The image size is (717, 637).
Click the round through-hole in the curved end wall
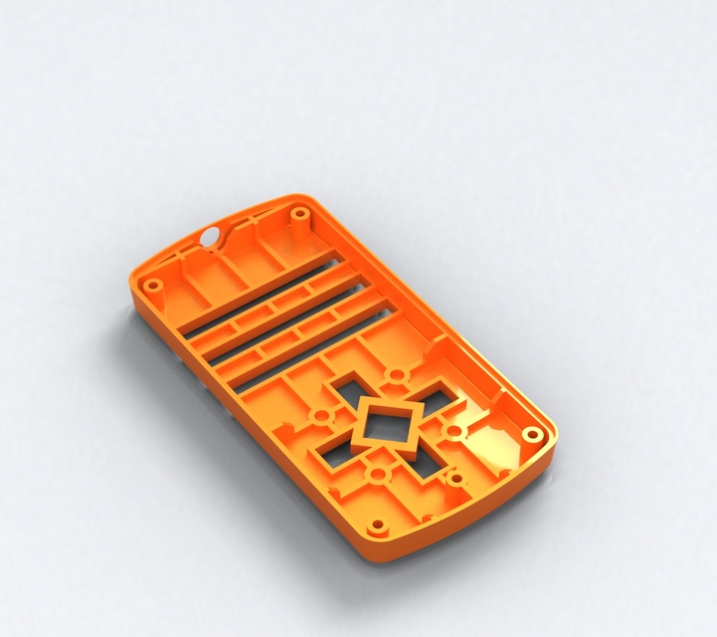point(211,236)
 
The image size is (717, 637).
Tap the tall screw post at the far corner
point(298,213)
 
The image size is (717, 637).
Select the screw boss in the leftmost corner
point(153,286)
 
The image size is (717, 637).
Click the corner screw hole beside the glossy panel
point(532,434)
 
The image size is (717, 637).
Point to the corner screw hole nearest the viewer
point(377,525)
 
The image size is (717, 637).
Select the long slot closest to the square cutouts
point(308,348)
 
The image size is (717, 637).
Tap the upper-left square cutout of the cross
point(348,385)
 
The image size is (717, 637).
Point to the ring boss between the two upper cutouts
point(397,376)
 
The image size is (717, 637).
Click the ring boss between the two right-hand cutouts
point(452,430)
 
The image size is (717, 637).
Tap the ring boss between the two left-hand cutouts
point(322,415)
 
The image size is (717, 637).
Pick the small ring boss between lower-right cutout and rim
point(455,480)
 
